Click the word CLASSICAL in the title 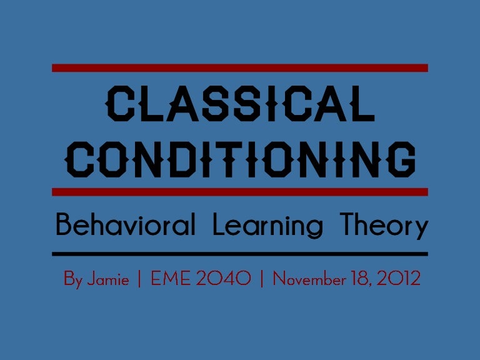point(241,104)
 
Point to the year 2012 point(401,279)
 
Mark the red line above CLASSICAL point(240,67)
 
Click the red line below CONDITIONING point(240,191)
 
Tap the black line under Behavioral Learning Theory point(240,254)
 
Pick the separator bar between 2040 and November point(261,279)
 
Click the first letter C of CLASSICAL point(119,104)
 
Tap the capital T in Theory point(348,225)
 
